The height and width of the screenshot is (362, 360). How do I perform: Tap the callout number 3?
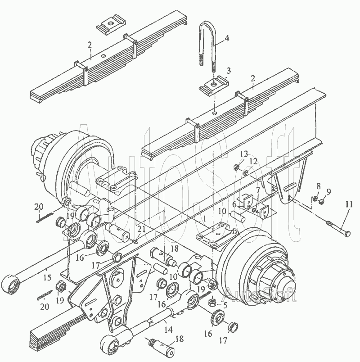click(x=229, y=70)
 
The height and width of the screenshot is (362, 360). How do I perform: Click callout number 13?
click(x=244, y=154)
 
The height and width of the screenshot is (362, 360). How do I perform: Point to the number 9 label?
click(x=328, y=191)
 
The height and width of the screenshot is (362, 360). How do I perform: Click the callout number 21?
click(x=141, y=229)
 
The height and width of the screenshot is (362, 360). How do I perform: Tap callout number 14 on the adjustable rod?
click(x=169, y=330)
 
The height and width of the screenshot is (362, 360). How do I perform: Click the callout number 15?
click(x=47, y=277)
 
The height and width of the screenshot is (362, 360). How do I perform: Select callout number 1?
click(x=204, y=218)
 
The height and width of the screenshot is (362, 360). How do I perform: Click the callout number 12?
click(x=253, y=161)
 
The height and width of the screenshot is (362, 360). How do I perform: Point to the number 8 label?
click(x=319, y=186)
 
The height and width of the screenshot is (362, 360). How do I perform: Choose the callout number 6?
click(x=234, y=204)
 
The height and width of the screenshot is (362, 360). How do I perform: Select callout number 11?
click(x=349, y=204)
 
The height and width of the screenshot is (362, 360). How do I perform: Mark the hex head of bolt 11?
click(x=346, y=234)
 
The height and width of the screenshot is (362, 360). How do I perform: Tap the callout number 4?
click(x=227, y=38)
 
